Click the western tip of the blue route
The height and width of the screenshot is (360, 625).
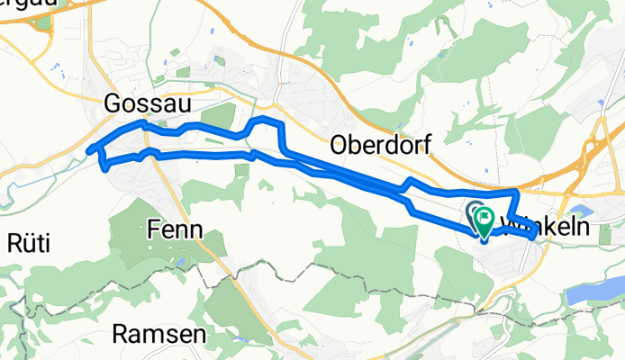click(x=88, y=150)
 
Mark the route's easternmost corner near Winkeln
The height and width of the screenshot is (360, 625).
click(x=536, y=233)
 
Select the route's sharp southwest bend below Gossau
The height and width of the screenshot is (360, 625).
click(x=106, y=166)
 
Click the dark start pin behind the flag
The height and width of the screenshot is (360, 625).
click(x=474, y=213)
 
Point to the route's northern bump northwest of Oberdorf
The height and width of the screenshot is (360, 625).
click(x=267, y=120)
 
